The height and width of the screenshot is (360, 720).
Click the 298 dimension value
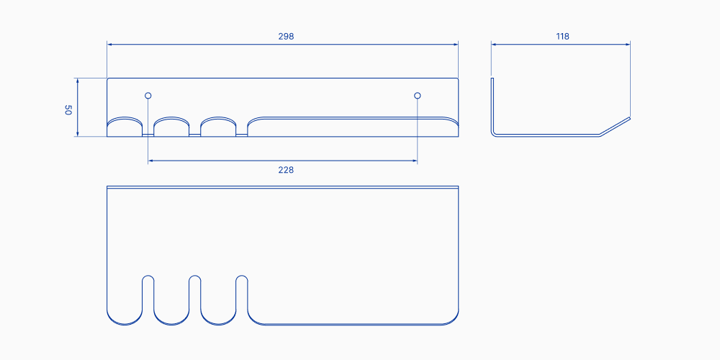(286, 36)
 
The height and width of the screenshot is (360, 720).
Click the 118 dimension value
(563, 36)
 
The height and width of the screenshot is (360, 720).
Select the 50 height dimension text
(68, 110)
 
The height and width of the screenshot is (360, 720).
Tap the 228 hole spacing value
(286, 170)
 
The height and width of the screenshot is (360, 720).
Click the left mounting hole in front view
(148, 95)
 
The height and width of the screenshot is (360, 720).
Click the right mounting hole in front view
(418, 95)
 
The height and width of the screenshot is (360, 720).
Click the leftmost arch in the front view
(125, 126)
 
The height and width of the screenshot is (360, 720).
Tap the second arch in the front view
(171, 126)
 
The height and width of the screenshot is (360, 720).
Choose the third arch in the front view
(218, 126)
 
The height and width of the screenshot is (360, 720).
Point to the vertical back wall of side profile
(492, 104)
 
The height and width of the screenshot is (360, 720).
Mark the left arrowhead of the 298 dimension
(109, 44)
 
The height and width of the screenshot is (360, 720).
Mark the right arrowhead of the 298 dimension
(456, 44)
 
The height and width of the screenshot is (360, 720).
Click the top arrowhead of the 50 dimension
(78, 80)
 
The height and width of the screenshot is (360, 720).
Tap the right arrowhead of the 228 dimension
(415, 161)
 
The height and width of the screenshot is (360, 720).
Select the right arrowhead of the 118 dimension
(628, 44)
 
